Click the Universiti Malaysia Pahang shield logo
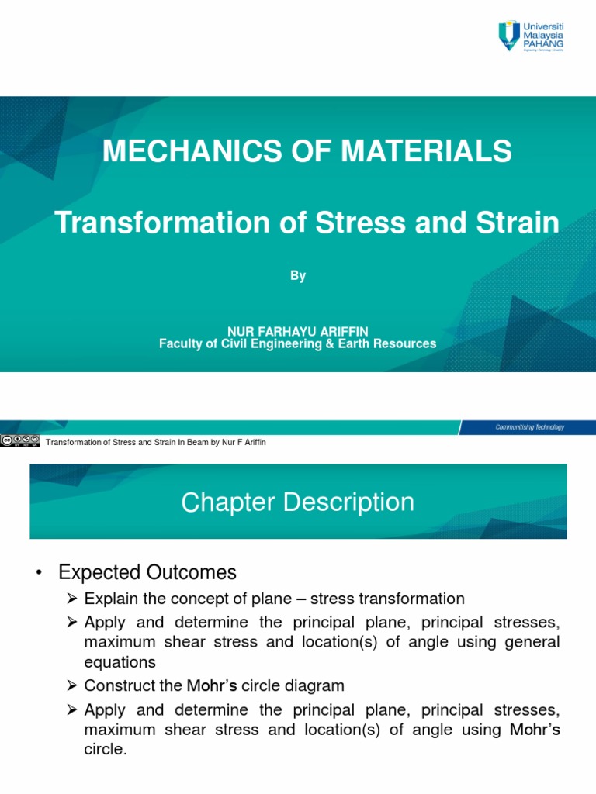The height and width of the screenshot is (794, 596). [x=510, y=36]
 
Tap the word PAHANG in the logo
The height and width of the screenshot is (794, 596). [x=544, y=44]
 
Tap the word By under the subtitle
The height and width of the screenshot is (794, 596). [x=298, y=276]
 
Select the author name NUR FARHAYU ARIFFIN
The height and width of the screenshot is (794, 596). [x=298, y=332]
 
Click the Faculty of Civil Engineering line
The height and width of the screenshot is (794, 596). [x=298, y=343]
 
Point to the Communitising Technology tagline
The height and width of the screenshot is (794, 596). [x=530, y=427]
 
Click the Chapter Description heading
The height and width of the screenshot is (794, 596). [x=298, y=502]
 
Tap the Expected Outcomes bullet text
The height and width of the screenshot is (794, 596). [x=147, y=573]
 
